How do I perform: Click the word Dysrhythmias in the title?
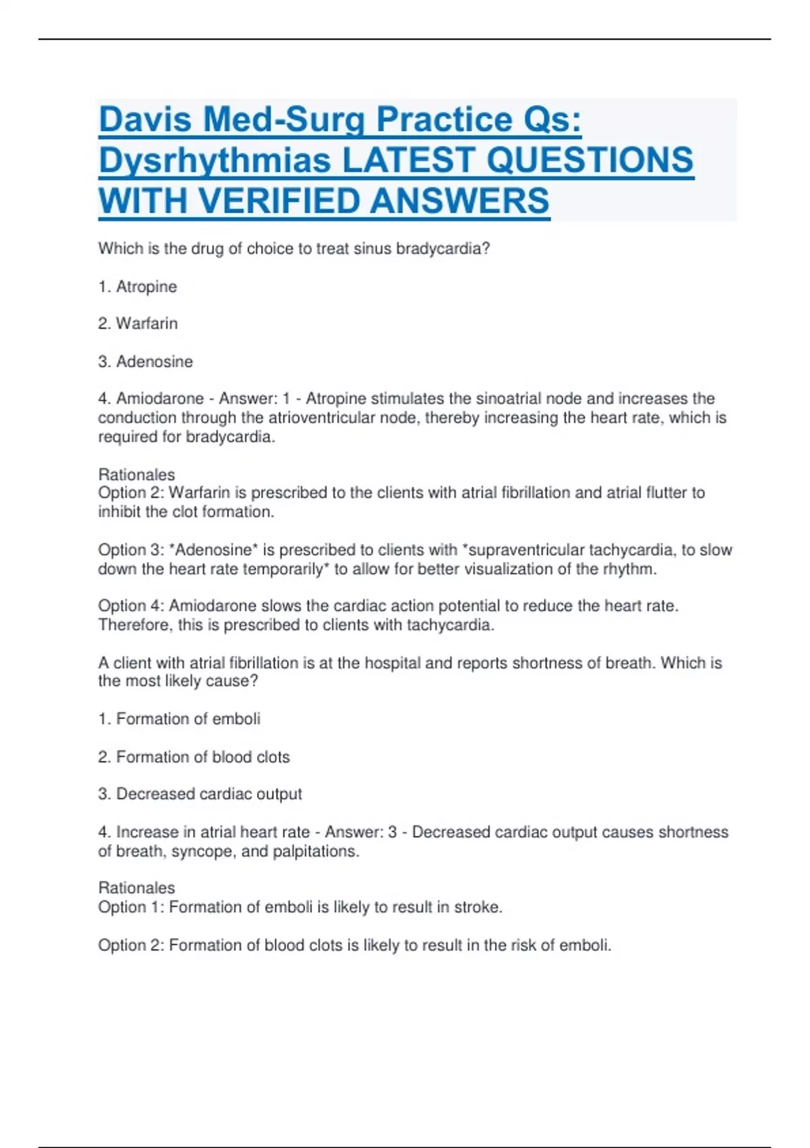[x=215, y=161]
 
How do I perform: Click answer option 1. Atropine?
[x=138, y=287]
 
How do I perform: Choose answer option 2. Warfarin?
[x=138, y=323]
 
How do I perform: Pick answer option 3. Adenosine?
[x=145, y=362]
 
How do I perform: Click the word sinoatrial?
[x=509, y=398]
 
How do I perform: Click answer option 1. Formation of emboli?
[x=179, y=719]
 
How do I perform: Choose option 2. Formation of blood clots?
[x=194, y=757]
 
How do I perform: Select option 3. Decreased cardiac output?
[x=200, y=794]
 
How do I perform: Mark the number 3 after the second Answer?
[x=392, y=832]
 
